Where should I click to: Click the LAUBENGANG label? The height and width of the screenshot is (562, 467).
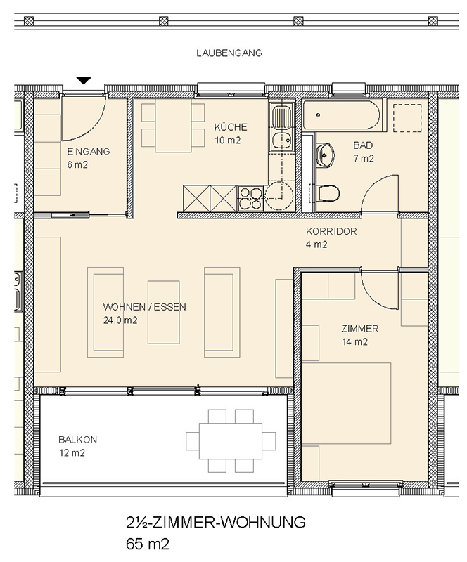[229, 53]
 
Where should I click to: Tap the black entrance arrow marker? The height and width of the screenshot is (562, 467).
[84, 81]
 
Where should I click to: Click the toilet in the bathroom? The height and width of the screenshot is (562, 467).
[327, 194]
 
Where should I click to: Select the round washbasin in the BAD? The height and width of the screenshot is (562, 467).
[325, 155]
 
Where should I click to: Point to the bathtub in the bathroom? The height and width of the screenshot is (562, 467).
[341, 115]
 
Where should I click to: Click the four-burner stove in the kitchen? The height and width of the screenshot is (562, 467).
[250, 198]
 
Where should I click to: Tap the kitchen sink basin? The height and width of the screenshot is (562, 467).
[282, 140]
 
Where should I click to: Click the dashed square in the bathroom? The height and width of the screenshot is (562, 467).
[407, 118]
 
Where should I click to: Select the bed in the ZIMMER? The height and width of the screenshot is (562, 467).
[346, 403]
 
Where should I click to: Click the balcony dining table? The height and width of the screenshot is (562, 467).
[231, 441]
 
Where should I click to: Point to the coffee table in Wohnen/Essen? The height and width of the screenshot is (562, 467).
[164, 312]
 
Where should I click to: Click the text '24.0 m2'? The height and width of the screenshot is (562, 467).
[120, 320]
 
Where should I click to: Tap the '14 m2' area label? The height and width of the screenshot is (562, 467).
[354, 342]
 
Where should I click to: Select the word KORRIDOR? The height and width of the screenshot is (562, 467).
[331, 231]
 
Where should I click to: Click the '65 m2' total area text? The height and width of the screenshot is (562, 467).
[148, 544]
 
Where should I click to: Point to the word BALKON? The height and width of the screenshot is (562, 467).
[78, 440]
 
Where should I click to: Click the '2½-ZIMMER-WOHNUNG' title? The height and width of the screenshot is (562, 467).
[216, 522]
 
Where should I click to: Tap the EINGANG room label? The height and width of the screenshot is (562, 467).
[89, 151]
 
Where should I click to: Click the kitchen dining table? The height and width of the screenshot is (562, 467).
[174, 126]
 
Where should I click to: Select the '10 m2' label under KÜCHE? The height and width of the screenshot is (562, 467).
[228, 140]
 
